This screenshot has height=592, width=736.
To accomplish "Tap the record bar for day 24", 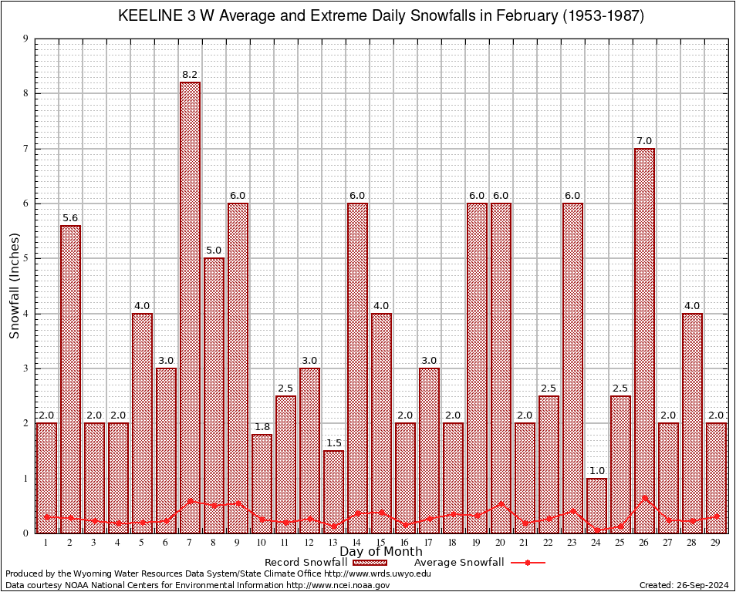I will tap(596, 505).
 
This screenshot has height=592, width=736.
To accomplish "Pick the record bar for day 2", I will tap(70, 378).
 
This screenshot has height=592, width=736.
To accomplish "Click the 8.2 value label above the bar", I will tap(190, 75).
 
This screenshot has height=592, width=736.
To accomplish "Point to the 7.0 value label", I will tap(644, 141).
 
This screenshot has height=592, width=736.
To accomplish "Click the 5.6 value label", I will tap(70, 218).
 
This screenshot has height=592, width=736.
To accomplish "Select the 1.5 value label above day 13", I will tap(333, 443).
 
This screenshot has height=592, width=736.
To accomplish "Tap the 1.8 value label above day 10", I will tap(262, 427).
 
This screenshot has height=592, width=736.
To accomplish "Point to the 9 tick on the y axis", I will tap(26, 39).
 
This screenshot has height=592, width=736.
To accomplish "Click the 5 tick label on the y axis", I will tap(26, 258).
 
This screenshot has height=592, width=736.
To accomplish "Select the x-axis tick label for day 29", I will tap(716, 543).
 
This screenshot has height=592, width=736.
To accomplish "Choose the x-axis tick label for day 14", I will tap(357, 543).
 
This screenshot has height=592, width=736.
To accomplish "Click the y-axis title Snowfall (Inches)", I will tap(14, 286).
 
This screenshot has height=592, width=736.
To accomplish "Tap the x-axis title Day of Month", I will tap(380, 552).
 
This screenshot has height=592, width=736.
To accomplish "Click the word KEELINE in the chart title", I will tap(151, 15).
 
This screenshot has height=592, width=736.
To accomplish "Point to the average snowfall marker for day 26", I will tap(644, 498).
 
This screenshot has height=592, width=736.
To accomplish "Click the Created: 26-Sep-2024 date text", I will tap(684, 585).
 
